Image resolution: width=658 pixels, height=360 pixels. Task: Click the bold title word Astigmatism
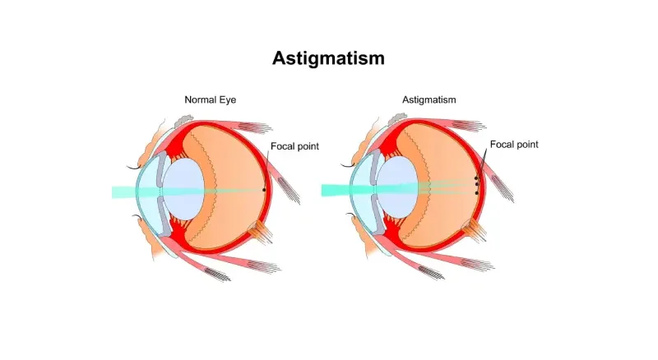328,58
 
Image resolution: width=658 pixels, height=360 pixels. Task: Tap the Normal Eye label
211,99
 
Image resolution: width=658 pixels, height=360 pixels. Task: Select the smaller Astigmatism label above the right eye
429,99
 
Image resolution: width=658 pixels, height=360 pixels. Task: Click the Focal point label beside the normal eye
294,146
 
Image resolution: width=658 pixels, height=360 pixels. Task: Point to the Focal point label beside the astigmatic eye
514,145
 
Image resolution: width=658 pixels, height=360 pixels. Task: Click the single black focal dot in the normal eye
264,190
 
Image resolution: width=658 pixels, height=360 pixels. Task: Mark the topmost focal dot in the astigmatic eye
476,178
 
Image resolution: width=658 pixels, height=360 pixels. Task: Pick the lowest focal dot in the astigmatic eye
477,193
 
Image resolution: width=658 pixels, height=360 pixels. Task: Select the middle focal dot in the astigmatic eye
477,184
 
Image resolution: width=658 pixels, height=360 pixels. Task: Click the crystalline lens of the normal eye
183,188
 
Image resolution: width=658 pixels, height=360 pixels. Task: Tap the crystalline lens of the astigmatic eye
396,187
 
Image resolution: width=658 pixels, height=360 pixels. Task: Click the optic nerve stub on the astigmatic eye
475,230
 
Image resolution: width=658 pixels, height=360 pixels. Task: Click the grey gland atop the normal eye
183,121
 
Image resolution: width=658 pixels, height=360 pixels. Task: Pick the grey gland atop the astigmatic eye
397,119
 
